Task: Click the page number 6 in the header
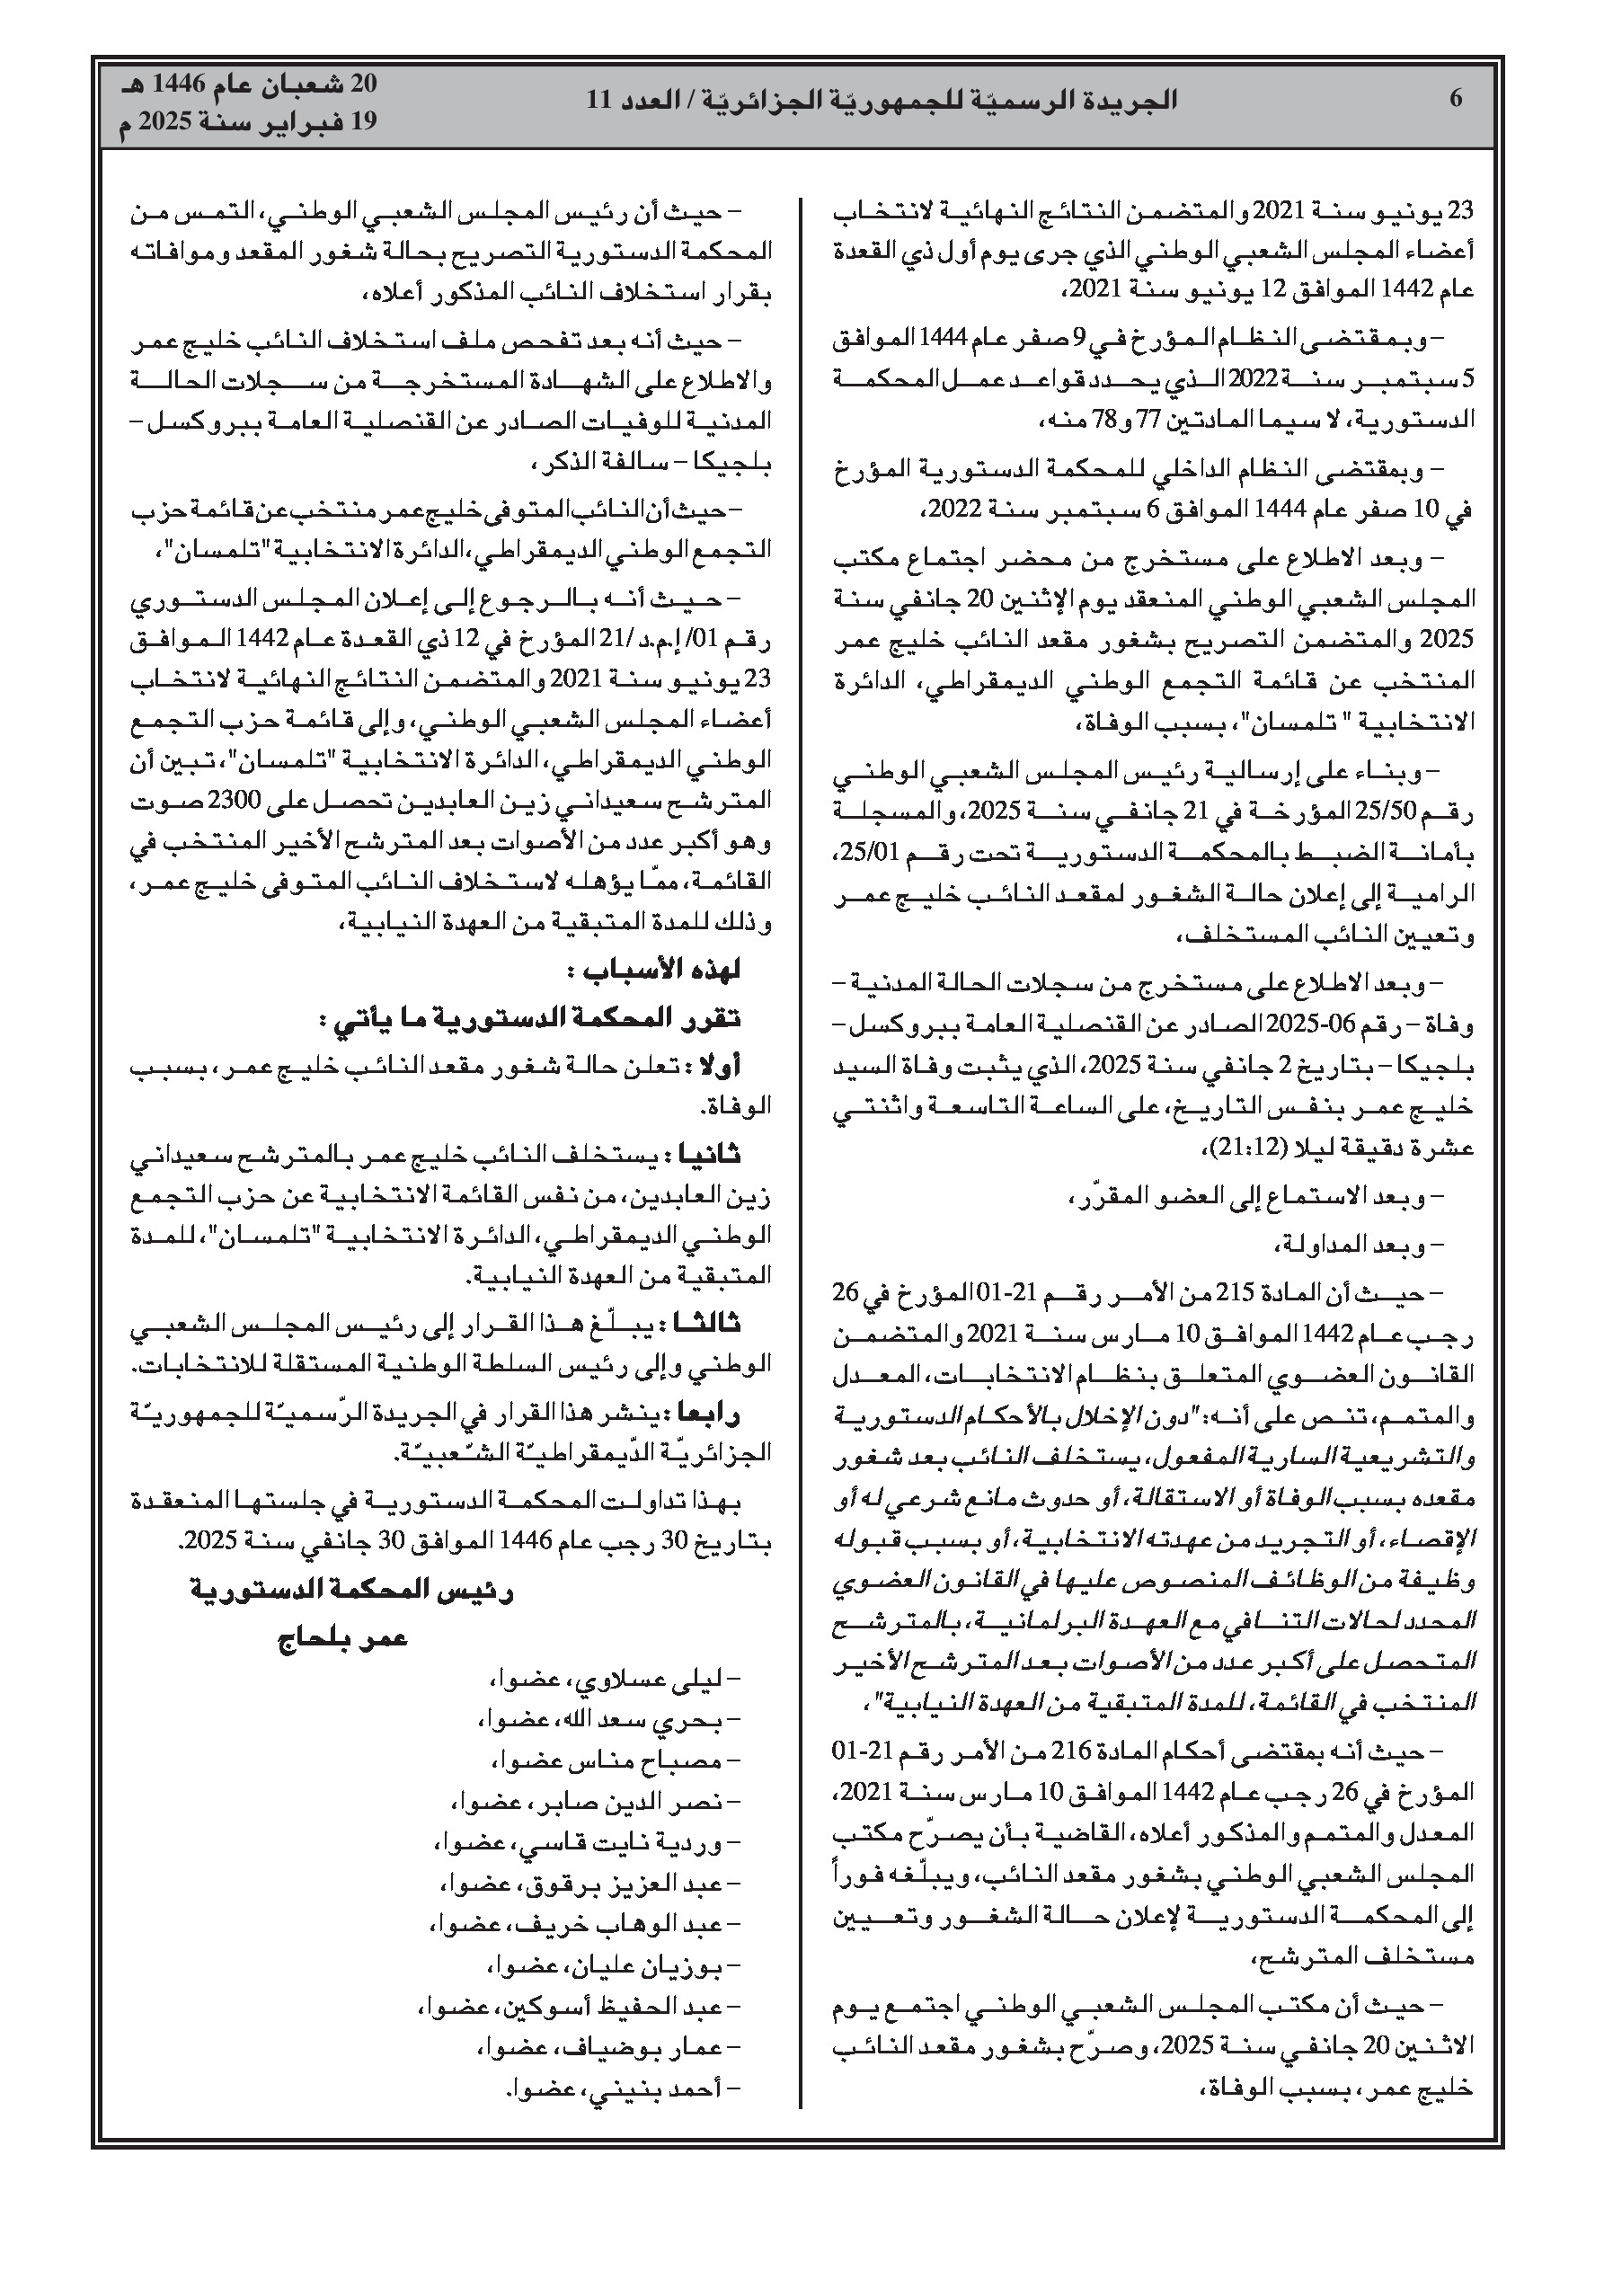(x=1456, y=99)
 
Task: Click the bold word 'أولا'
(x=719, y=1067)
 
